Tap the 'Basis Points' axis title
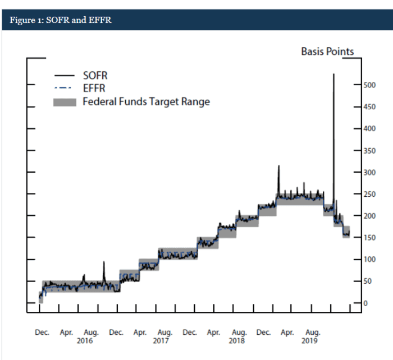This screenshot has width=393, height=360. (x=327, y=52)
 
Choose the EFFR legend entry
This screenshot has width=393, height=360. (x=94, y=89)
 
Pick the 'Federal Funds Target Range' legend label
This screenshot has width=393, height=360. (x=146, y=102)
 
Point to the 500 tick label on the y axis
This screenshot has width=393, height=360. (x=368, y=85)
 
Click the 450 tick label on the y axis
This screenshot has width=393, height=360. (x=368, y=107)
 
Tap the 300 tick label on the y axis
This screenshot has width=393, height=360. (x=368, y=173)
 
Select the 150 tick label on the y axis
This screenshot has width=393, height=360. (x=368, y=238)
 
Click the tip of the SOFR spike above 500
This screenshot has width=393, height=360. (x=334, y=74)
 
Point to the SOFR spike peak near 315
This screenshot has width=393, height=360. (x=278, y=166)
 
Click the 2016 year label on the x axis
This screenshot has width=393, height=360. (x=84, y=340)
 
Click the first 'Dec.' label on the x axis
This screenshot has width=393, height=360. (x=43, y=333)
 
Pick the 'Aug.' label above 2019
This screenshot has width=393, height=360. (x=312, y=333)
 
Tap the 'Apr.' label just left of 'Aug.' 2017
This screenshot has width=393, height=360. (x=140, y=333)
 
